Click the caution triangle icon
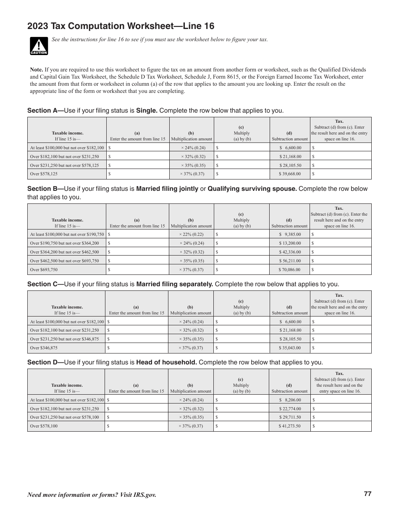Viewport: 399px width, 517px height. (x=39, y=46)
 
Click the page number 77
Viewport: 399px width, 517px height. (x=367, y=494)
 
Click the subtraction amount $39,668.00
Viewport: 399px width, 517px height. (x=290, y=174)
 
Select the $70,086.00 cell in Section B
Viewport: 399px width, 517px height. (x=290, y=270)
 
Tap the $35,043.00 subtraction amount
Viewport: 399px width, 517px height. (x=290, y=348)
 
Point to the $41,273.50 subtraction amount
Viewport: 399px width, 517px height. (x=290, y=426)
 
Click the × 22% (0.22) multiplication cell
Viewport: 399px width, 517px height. (x=191, y=235)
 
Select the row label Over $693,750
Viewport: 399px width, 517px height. (x=44, y=270)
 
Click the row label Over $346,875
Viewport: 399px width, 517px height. (x=44, y=348)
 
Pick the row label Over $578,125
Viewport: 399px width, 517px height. (x=44, y=174)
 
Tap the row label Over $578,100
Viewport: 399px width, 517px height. (x=44, y=426)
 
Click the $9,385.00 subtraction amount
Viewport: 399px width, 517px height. (x=290, y=235)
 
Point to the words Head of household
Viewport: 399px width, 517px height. (x=166, y=362)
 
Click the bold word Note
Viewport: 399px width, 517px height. (x=37, y=70)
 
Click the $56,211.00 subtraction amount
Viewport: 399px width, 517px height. (x=290, y=261)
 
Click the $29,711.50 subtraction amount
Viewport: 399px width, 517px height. (x=290, y=417)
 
